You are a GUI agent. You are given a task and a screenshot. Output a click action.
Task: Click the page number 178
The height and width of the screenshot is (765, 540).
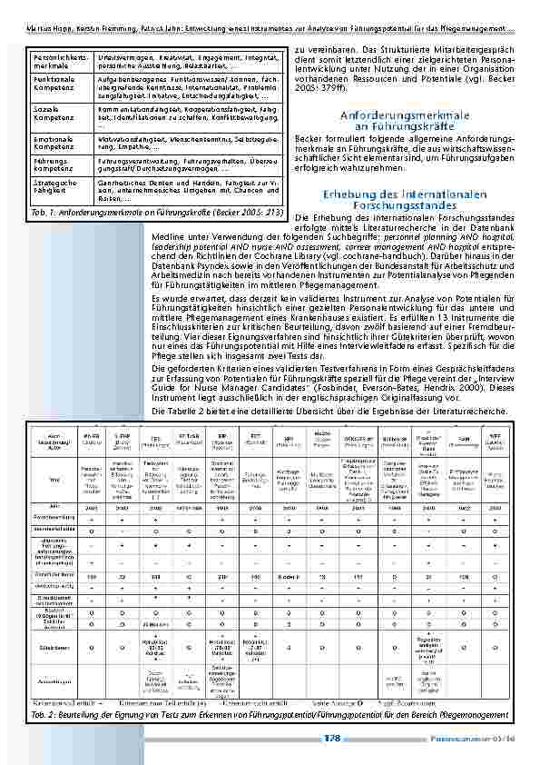(x=332, y=739)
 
